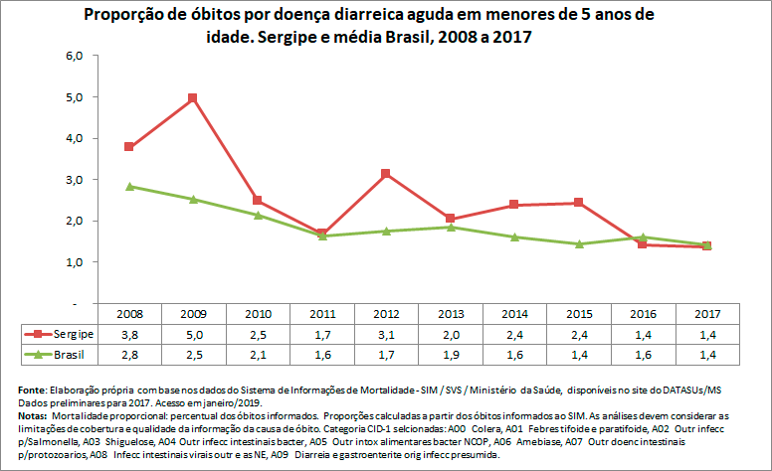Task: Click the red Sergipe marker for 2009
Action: [x=193, y=97]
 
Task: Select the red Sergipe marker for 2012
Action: [x=386, y=174]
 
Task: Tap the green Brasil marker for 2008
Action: [x=128, y=186]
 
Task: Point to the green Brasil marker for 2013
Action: [x=451, y=227]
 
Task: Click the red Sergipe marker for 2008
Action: [x=128, y=146]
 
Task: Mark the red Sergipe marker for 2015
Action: [x=578, y=203]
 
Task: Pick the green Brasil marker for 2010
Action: [x=258, y=215]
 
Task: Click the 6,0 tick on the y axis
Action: [x=77, y=56]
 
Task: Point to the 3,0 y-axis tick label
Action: [x=77, y=180]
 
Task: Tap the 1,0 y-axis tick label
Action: [x=77, y=262]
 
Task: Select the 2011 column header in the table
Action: [x=321, y=314]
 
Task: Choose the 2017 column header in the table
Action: [x=707, y=314]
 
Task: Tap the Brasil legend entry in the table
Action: [x=65, y=355]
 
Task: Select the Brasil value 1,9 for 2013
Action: [x=451, y=355]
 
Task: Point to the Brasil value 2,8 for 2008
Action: [x=128, y=355]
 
